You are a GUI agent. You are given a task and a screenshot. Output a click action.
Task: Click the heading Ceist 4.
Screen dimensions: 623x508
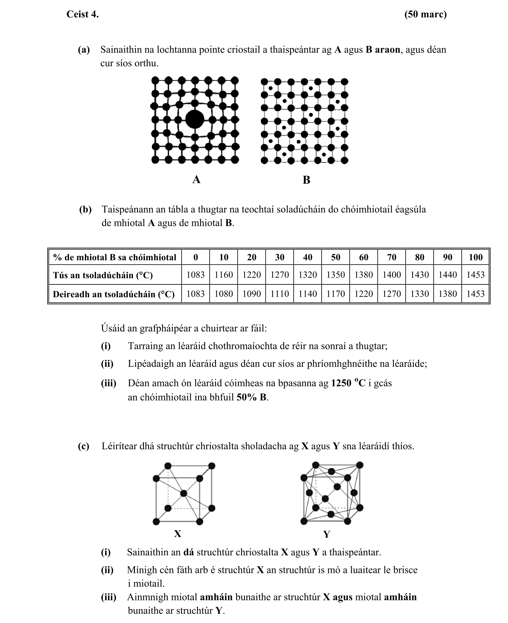pos(82,14)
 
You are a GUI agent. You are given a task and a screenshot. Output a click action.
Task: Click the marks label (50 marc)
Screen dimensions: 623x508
pos(425,14)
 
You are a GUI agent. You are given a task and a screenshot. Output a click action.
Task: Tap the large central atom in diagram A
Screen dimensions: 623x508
pos(194,119)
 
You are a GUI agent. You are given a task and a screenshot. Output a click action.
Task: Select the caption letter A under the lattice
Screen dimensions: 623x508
pos(196,180)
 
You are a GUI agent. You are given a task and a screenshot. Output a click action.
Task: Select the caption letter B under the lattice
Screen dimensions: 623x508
pos(306,180)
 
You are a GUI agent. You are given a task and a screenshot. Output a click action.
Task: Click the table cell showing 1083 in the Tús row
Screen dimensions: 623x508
pos(196,275)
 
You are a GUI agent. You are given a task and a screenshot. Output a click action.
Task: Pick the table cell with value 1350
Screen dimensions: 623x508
pos(335,275)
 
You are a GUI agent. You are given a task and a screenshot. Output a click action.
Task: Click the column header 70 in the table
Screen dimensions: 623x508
pos(391,257)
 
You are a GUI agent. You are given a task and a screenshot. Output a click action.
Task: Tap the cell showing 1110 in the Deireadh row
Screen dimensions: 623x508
pos(279,294)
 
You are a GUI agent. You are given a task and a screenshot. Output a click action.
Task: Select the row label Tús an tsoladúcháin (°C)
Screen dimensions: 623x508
pos(103,275)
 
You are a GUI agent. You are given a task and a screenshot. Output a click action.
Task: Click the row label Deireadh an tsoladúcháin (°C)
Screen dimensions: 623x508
pos(113,294)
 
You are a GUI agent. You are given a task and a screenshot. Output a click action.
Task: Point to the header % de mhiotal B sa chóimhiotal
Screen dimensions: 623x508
pos(114,257)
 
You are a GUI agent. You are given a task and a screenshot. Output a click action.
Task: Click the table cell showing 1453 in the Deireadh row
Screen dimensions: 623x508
pos(476,294)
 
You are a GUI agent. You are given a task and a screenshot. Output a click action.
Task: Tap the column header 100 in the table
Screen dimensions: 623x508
pos(476,257)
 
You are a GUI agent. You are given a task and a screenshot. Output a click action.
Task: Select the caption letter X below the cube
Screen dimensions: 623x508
pos(178,534)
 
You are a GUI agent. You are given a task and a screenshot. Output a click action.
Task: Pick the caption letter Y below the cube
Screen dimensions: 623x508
pos(327,535)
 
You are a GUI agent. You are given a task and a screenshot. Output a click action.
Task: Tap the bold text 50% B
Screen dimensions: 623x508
pos(252,397)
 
